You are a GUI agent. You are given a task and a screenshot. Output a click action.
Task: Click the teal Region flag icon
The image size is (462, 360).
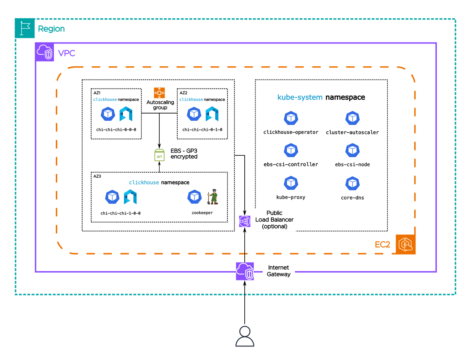pos(25,28)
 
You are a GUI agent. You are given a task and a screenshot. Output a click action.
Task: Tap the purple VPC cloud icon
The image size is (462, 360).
pos(45,52)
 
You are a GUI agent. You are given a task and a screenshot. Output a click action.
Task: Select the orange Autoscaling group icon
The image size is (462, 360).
pos(159,93)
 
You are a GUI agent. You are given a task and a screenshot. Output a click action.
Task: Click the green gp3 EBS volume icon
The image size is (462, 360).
pos(159,155)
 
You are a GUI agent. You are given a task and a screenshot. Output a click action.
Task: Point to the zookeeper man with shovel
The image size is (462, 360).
pos(213,197)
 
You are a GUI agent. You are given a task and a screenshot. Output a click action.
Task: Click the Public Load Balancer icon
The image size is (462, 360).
pos(245,221)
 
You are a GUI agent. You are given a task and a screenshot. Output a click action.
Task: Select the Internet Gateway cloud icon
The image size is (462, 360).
pos(245,271)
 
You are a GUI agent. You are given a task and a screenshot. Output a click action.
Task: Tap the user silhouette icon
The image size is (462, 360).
pos(245,336)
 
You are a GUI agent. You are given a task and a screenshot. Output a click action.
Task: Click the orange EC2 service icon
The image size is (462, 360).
pos(405,244)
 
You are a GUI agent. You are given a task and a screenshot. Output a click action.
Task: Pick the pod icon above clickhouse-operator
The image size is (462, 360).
pos(291,118)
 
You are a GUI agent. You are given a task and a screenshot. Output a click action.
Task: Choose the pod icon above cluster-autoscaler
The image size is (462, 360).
pos(352,118)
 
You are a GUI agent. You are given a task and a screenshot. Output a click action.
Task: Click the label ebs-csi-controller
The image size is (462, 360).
pos(291,165)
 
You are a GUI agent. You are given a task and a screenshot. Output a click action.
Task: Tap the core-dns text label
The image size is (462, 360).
pos(352,198)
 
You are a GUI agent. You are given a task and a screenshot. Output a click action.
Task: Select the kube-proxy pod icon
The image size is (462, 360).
pos(291,183)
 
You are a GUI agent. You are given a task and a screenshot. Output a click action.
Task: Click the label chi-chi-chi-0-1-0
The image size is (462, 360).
pos(202,130)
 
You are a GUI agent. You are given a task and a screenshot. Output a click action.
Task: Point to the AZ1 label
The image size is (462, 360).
pos(97,93)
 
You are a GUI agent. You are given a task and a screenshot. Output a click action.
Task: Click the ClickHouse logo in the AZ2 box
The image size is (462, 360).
pos(212,114)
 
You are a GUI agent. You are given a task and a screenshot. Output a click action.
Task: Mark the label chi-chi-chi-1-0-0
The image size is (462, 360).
pos(121,213)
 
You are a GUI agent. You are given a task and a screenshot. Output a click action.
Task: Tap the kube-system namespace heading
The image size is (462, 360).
pos(321,97)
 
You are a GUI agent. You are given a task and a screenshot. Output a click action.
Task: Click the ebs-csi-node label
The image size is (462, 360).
pos(352,165)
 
